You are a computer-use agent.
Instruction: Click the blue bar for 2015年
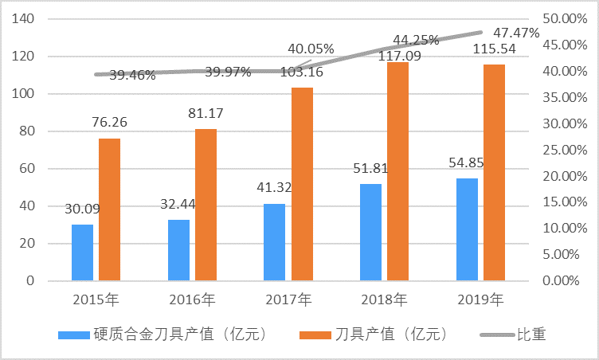tap(82, 252)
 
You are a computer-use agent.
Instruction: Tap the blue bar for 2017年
tap(274, 242)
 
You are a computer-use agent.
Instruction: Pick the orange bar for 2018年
tap(397, 171)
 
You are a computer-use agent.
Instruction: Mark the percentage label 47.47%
tap(517, 33)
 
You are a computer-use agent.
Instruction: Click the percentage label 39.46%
tap(132, 76)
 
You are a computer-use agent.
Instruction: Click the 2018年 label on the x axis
tap(384, 301)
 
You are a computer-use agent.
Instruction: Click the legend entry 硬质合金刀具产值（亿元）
tap(166, 335)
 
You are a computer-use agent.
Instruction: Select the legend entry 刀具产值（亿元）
tap(380, 335)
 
